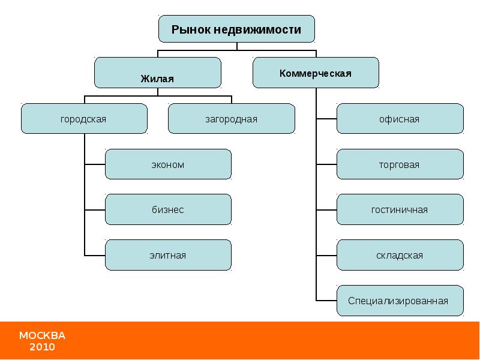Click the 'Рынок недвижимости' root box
click(x=236, y=29)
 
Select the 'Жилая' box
click(x=157, y=73)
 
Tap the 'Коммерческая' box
click(x=315, y=73)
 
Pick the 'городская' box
click(x=84, y=119)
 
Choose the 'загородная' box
click(x=231, y=119)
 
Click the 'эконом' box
click(x=168, y=164)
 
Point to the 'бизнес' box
click(x=168, y=209)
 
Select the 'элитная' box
click(x=168, y=255)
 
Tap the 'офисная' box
click(x=400, y=119)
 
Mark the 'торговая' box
click(x=400, y=164)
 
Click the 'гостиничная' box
click(x=400, y=209)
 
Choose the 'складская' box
click(x=400, y=255)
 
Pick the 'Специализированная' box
click(x=400, y=301)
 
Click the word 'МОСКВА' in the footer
click(x=42, y=335)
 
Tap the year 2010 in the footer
click(x=42, y=347)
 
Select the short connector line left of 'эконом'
click(x=95, y=164)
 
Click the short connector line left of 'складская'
click(x=326, y=255)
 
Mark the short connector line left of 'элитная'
click(x=95, y=255)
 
